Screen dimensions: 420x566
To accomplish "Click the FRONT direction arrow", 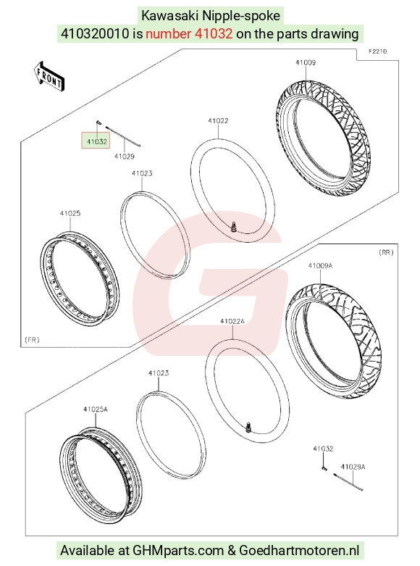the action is click(49, 77).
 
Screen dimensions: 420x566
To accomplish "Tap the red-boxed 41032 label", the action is click(96, 141).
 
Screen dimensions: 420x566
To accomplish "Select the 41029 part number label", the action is click(125, 157).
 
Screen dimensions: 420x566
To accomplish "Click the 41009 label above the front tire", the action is click(306, 62).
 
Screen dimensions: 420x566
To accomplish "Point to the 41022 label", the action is click(218, 120).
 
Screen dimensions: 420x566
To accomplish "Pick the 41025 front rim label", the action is click(70, 213).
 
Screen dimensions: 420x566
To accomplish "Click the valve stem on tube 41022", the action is click(234, 228).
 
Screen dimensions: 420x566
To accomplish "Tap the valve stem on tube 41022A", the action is click(248, 427).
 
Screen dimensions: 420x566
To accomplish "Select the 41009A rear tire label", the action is click(320, 266).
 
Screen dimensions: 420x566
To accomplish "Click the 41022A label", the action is click(232, 321).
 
